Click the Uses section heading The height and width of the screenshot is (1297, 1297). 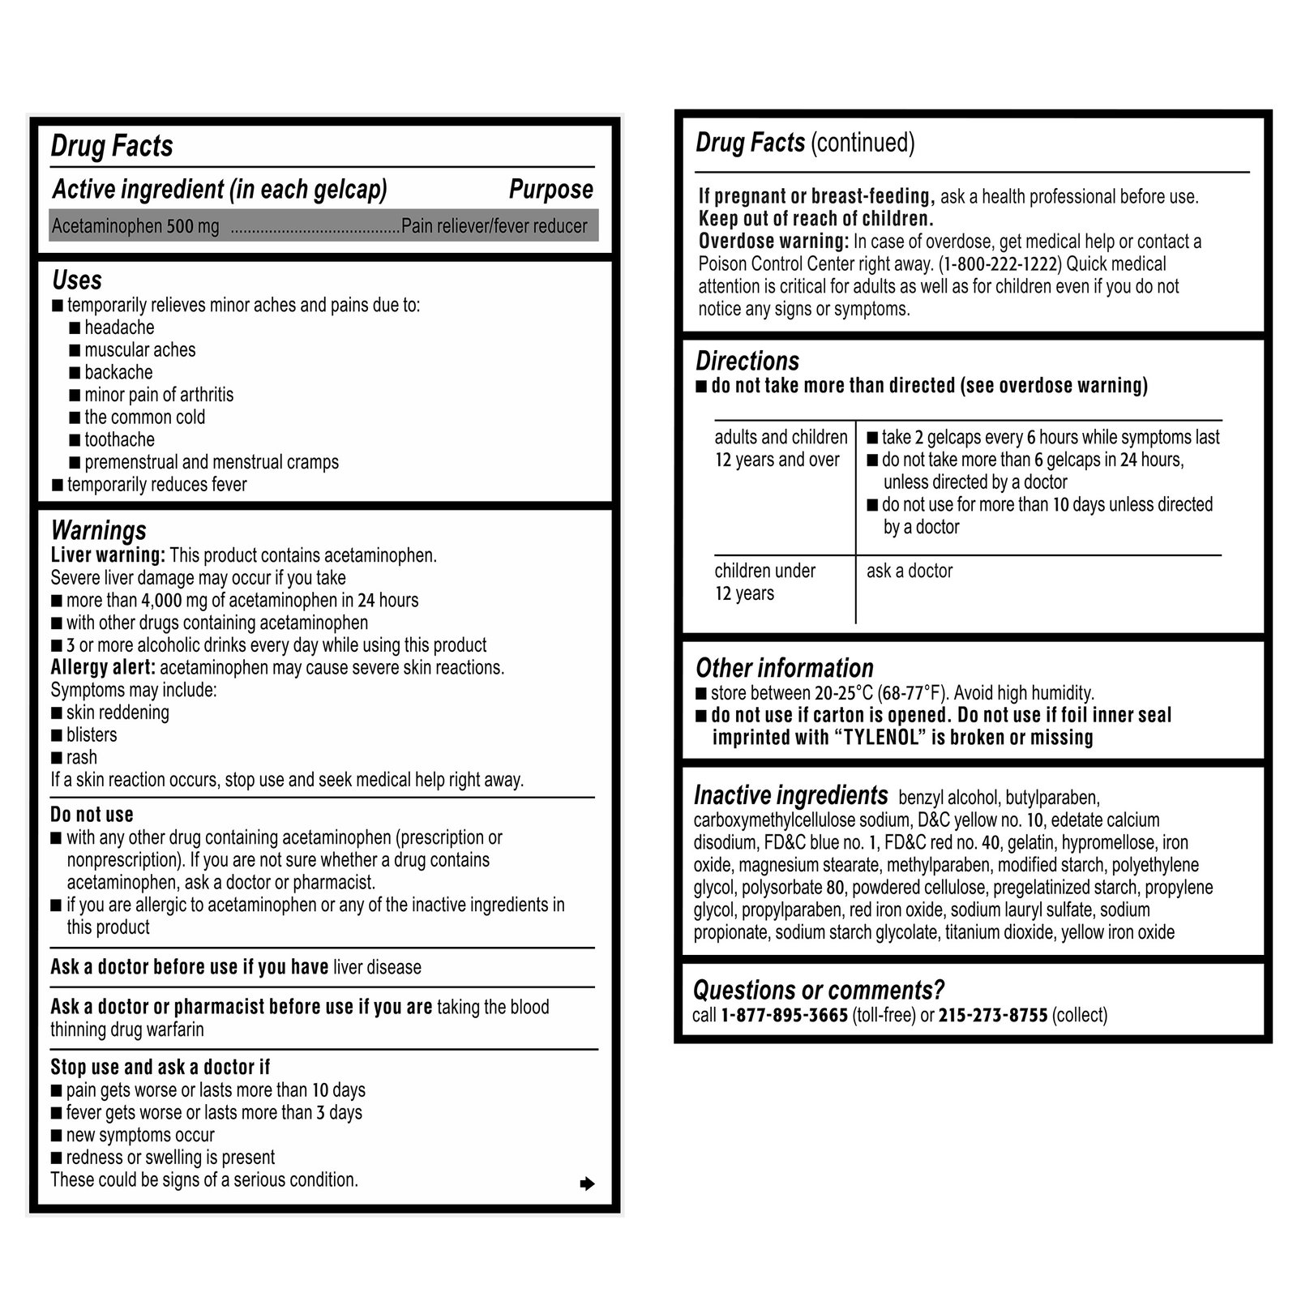(77, 280)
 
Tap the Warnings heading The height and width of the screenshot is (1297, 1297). (99, 530)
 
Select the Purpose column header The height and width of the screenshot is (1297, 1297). (550, 190)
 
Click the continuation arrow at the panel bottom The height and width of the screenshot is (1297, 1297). (588, 1184)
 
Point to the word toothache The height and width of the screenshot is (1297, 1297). (119, 440)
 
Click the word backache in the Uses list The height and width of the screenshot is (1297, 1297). (118, 373)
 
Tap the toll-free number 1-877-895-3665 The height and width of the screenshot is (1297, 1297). (784, 1016)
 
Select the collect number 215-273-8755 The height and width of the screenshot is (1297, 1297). (993, 1016)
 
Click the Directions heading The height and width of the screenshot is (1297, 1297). (747, 362)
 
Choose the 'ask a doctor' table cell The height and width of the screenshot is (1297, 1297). (910, 571)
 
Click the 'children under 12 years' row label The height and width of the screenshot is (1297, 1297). (764, 582)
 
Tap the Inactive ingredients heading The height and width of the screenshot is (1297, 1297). (790, 795)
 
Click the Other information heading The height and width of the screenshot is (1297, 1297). (785, 668)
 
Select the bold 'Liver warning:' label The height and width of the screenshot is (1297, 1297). (108, 556)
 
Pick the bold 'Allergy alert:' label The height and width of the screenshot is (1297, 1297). (103, 668)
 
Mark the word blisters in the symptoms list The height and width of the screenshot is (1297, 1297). (92, 735)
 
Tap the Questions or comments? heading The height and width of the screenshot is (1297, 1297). (819, 990)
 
